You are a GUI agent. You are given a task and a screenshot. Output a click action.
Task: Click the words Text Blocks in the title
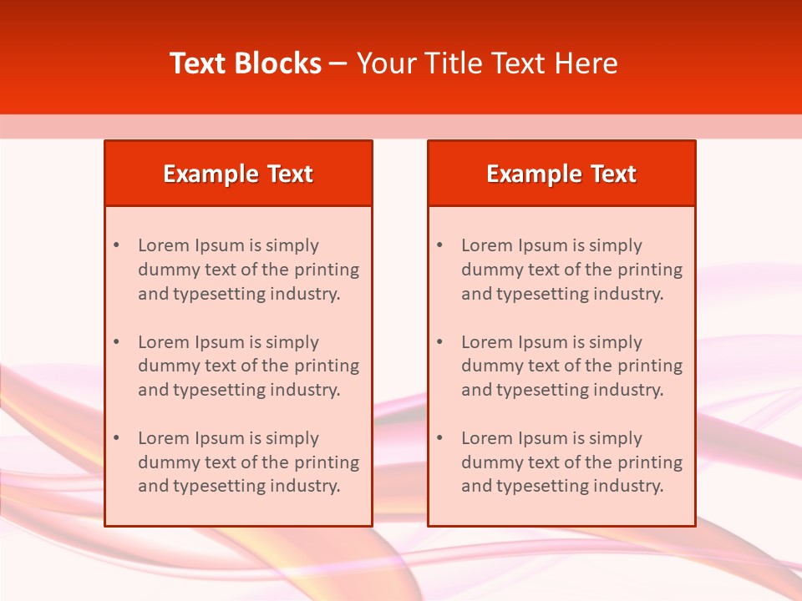click(x=245, y=63)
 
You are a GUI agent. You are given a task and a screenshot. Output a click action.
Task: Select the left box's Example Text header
click(x=238, y=174)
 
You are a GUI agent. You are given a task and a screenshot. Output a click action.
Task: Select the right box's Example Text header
click(x=561, y=174)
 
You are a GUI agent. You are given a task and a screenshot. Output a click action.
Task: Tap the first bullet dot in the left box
click(x=116, y=245)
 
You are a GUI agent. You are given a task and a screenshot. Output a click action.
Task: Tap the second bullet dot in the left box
click(x=116, y=342)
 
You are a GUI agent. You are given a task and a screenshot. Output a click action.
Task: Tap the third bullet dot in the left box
click(x=116, y=438)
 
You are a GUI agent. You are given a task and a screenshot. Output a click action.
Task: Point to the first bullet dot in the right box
click(x=439, y=245)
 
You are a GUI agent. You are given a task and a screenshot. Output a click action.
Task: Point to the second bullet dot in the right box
click(x=439, y=342)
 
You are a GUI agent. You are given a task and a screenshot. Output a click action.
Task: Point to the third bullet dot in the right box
click(x=439, y=438)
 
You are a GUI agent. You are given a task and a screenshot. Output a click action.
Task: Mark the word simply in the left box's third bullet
click(x=293, y=438)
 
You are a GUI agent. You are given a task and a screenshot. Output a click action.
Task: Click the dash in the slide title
click(x=338, y=63)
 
